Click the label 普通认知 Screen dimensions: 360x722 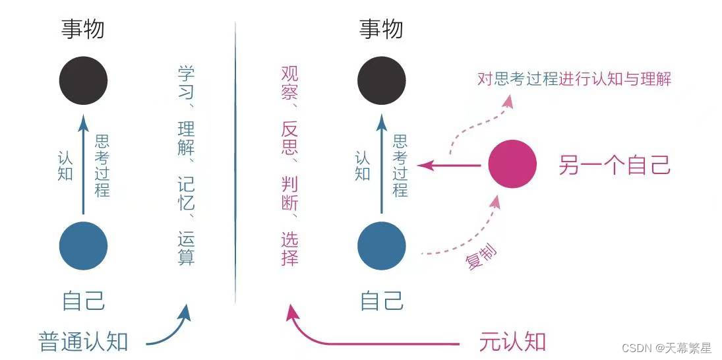pos(83,342)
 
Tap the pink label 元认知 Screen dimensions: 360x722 pos(512,342)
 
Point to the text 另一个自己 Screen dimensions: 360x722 pos(615,165)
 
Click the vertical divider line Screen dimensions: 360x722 pos(235,165)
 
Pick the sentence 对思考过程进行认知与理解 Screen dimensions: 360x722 pos(574,80)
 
